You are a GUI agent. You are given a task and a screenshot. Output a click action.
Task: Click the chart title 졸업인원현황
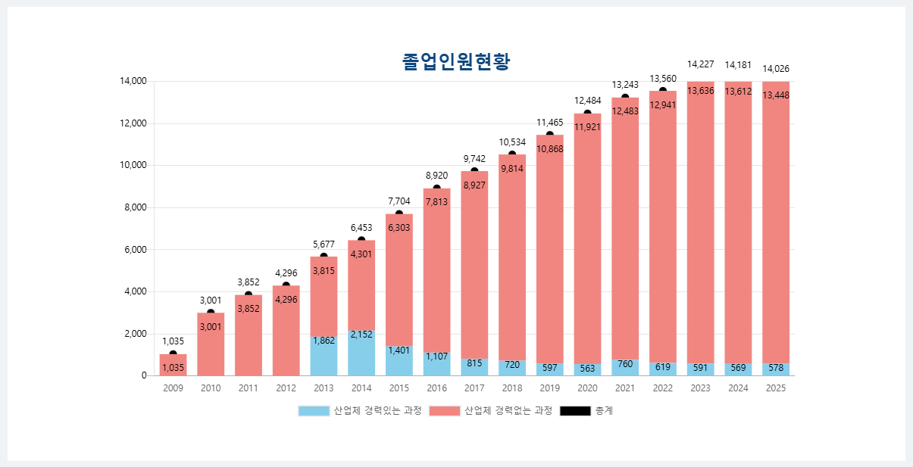click(456, 62)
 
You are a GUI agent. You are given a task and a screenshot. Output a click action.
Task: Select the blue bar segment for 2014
click(361, 354)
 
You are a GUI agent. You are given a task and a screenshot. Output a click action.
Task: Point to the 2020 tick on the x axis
click(587, 388)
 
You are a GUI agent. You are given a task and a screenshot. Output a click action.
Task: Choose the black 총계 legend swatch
click(575, 411)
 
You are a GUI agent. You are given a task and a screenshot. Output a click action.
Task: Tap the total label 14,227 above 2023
click(701, 64)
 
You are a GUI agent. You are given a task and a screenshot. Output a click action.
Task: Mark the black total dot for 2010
click(211, 313)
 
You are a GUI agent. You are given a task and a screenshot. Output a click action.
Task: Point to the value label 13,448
click(776, 95)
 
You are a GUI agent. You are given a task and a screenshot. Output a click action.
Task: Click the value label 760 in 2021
click(625, 364)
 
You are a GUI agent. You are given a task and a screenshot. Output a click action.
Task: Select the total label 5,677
click(324, 244)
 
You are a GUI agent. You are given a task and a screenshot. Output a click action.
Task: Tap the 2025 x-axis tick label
click(776, 388)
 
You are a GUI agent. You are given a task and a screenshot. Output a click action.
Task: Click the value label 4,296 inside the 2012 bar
click(286, 300)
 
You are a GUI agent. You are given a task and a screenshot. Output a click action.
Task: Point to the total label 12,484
click(587, 101)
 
